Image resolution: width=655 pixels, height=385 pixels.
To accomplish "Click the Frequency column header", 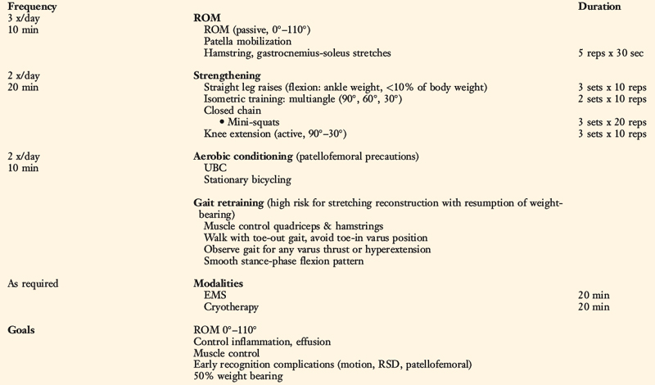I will [x=32, y=6].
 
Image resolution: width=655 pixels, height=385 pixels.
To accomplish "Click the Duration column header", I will [x=600, y=6].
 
